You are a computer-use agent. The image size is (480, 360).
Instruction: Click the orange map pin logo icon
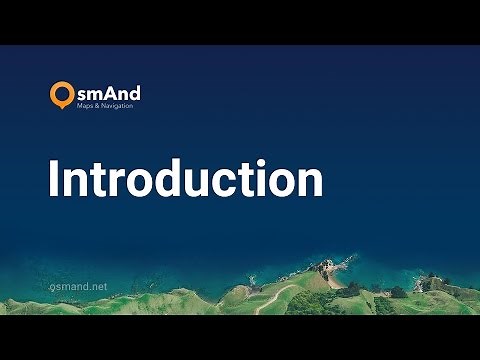point(62,95)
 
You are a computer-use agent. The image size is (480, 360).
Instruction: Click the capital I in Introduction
point(55,180)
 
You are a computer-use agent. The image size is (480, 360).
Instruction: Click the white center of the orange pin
point(62,93)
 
